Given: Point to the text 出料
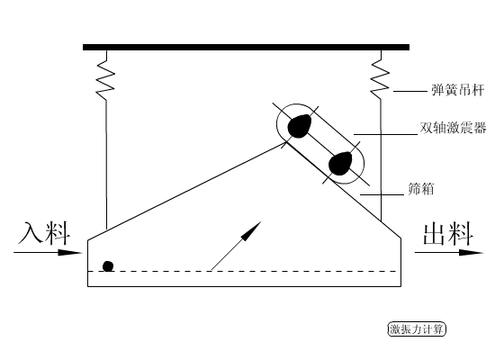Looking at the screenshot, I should pos(448,235).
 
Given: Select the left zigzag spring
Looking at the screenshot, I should pos(106,73).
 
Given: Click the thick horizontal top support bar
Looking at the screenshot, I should pos(246,46).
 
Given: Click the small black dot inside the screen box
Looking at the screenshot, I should pos(108,265).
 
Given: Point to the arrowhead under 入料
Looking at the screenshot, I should pos(76,253).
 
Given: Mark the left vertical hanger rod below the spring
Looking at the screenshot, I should pos(106,162).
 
